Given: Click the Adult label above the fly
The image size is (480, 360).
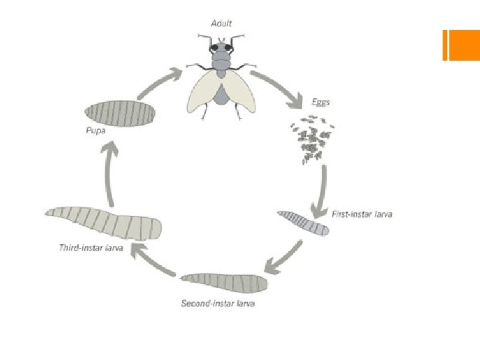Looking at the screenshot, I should [221, 23].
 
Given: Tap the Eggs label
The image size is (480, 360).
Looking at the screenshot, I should [321, 103].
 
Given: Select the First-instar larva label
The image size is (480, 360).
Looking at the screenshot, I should [362, 214].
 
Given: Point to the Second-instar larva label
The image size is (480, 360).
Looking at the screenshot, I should [218, 304].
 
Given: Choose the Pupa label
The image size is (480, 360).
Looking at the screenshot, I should [95, 130].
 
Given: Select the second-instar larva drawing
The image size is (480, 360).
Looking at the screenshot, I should [224, 283].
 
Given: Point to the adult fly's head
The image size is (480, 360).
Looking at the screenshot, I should [221, 48].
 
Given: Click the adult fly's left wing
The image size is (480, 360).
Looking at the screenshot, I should [202, 91].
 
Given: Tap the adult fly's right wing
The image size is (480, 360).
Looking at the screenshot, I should [242, 91].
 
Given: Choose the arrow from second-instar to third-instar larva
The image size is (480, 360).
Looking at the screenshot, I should [153, 261].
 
